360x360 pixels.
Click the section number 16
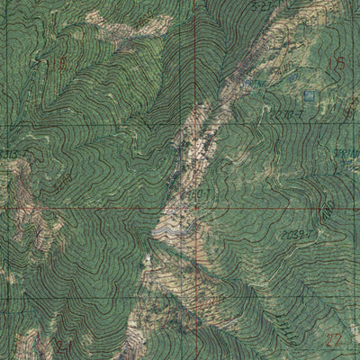coord(60,63)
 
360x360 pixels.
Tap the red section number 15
coord(337,64)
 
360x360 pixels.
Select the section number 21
coord(63,345)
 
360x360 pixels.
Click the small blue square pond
coord(309,94)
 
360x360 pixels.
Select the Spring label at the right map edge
coord(349,153)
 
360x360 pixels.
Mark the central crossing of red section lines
coord(196,207)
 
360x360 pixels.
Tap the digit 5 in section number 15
coord(341,64)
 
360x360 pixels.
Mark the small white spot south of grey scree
coord(148,260)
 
